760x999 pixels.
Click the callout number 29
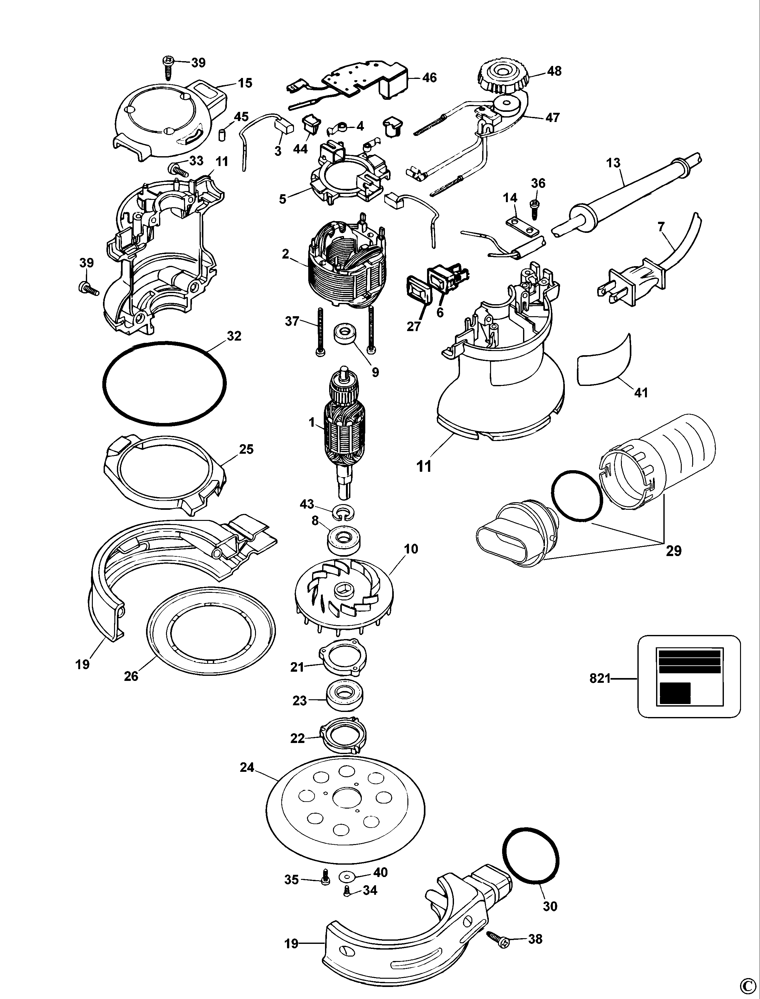click(x=674, y=551)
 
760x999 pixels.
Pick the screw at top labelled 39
click(x=168, y=68)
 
